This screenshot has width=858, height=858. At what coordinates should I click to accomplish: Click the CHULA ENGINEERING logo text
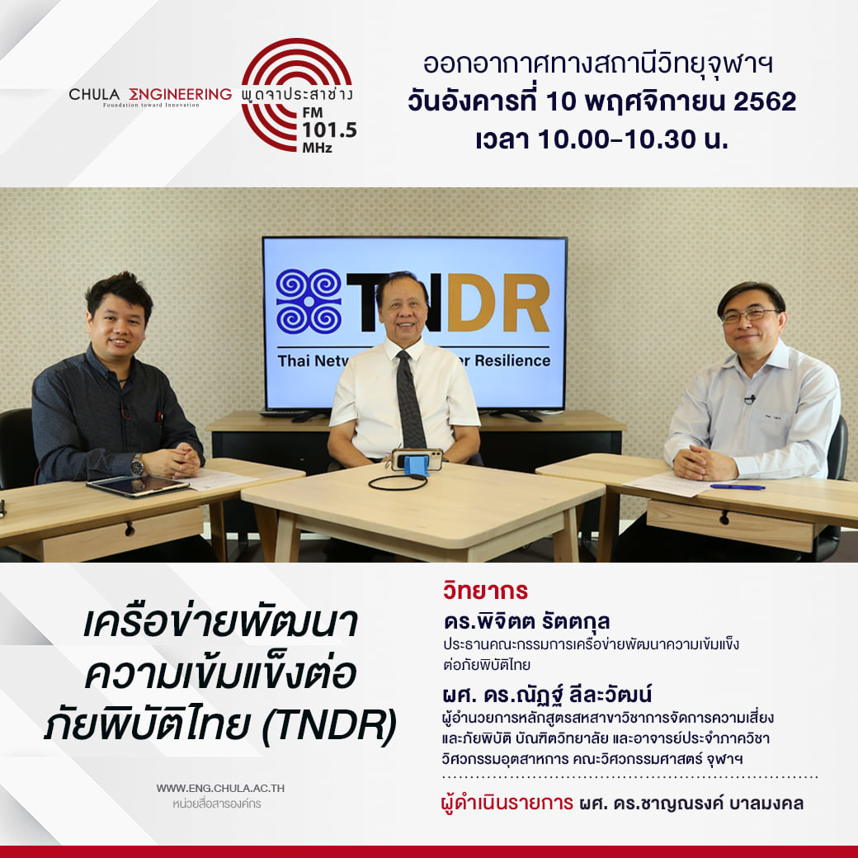(150, 95)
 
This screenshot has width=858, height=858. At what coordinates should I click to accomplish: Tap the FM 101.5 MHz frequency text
(328, 130)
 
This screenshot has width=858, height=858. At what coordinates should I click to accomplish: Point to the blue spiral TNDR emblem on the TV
(309, 301)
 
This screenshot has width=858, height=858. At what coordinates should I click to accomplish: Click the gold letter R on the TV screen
(526, 303)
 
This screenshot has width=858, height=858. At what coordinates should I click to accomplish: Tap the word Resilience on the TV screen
(512, 361)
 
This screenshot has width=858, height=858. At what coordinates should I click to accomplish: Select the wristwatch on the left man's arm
(137, 465)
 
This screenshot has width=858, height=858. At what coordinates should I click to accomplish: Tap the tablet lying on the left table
(137, 486)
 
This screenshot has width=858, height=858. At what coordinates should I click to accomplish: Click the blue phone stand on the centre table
(417, 465)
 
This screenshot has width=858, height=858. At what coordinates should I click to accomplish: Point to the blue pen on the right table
(737, 487)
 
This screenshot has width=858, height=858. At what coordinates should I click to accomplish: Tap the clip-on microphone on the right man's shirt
(749, 399)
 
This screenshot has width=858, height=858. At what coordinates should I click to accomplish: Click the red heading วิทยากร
(485, 591)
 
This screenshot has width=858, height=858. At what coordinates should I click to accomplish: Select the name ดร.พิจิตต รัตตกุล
(527, 621)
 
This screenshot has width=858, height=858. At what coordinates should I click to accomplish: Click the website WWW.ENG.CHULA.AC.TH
(220, 789)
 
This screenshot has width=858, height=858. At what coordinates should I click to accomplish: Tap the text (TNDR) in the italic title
(329, 725)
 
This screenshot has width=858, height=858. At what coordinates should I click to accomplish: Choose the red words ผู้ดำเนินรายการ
(507, 804)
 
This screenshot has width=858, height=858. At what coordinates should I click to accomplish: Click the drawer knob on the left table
(130, 529)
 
